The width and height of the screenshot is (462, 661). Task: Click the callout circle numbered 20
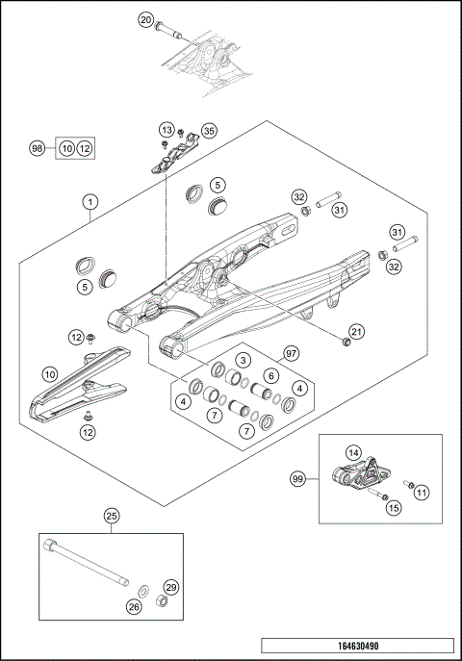pyautogui.click(x=146, y=19)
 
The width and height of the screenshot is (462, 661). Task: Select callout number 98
pyautogui.click(x=37, y=148)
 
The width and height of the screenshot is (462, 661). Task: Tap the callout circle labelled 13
pyautogui.click(x=167, y=130)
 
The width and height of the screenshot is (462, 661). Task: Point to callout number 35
pyautogui.click(x=209, y=131)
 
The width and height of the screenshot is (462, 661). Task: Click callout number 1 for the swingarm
pyautogui.click(x=90, y=202)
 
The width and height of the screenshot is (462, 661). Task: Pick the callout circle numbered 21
pyautogui.click(x=357, y=332)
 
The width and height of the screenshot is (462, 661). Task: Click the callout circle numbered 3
pyautogui.click(x=244, y=360)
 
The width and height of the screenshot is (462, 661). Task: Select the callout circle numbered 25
pyautogui.click(x=112, y=517)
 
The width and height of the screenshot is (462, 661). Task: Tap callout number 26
pyautogui.click(x=134, y=606)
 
